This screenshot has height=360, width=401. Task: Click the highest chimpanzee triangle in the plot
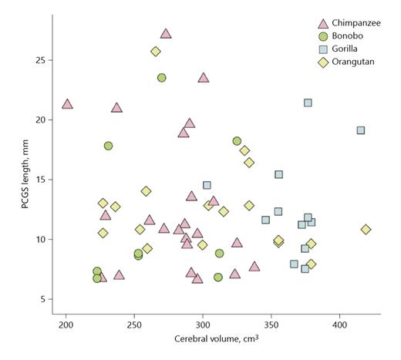coord(166,33)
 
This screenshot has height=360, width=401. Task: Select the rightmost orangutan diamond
coord(366,229)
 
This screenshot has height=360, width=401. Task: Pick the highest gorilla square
coord(308,103)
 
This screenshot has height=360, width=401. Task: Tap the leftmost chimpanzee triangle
coord(67,103)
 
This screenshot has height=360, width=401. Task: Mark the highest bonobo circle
coord(162,78)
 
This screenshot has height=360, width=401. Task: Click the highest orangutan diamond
coord(156,52)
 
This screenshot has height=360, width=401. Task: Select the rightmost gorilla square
coord(360,130)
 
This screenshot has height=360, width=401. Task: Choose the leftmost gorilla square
coord(207,185)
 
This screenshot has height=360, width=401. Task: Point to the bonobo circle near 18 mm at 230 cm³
coord(109,146)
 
